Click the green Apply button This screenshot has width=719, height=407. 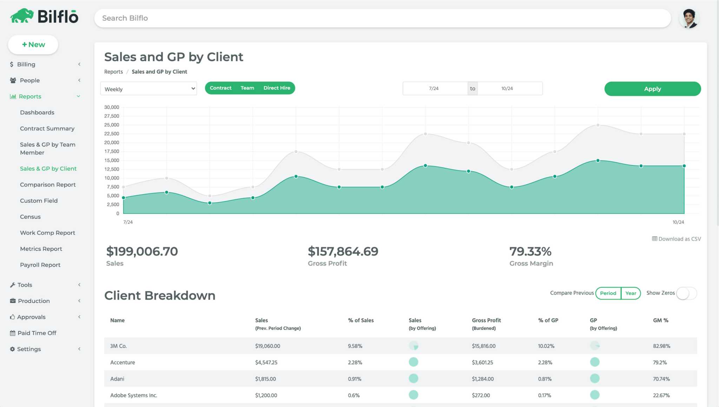(652, 89)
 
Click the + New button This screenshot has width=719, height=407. (33, 45)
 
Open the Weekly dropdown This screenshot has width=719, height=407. (149, 89)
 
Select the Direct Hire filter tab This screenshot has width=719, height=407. (277, 88)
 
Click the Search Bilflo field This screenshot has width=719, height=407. (382, 18)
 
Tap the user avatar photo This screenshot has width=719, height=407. (689, 18)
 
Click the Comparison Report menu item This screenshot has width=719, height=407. (48, 185)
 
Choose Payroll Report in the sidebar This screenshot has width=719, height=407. (40, 265)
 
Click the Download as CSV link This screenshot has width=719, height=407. (677, 239)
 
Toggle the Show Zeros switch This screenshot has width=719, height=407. (686, 293)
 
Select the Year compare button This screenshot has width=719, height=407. (631, 293)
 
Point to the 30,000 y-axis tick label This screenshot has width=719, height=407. (112, 107)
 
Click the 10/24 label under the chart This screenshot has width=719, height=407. (678, 222)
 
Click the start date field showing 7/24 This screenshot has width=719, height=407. (434, 88)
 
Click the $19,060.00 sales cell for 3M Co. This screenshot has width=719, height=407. (268, 346)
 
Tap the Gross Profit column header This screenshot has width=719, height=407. (486, 320)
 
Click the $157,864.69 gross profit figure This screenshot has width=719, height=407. (343, 251)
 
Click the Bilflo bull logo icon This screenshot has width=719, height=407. (22, 16)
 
